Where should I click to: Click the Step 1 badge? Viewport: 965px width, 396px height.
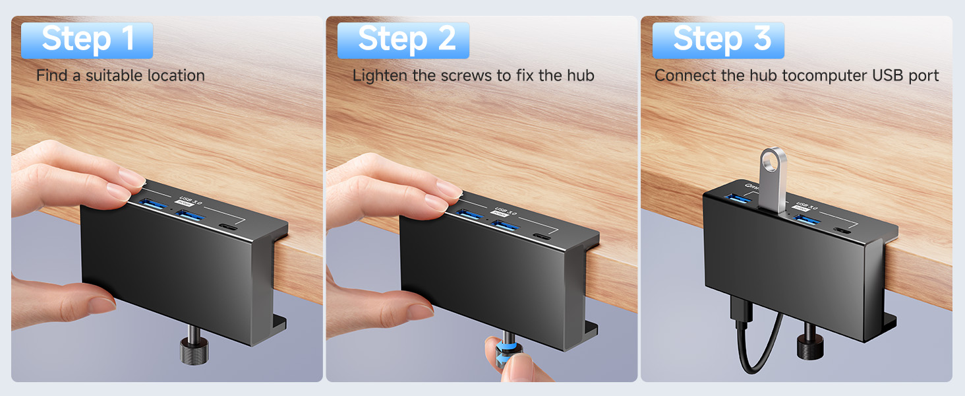88,40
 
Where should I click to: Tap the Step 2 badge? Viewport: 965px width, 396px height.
403,40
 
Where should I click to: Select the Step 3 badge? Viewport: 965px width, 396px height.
718,40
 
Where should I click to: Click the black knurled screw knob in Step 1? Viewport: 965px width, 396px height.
194,350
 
